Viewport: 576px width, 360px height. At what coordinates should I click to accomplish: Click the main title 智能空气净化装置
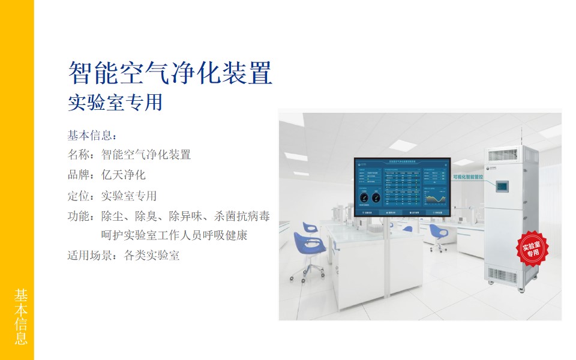(x=170, y=74)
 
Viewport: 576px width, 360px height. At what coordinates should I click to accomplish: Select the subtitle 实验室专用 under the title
(x=115, y=103)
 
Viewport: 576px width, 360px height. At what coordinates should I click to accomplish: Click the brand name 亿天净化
(x=124, y=175)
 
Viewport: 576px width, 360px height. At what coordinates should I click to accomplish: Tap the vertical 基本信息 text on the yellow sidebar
(x=21, y=317)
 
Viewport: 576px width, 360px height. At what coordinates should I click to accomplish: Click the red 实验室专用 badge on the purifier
(x=532, y=249)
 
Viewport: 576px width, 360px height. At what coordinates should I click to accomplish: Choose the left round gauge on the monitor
(x=364, y=197)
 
